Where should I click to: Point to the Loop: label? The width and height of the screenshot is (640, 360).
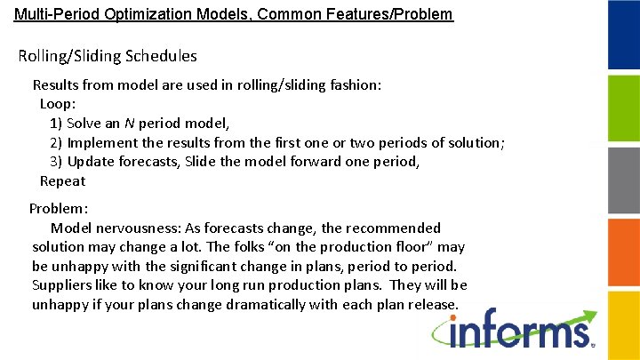58,104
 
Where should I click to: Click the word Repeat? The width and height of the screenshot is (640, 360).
62,181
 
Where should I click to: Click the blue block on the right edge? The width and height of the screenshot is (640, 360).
623,36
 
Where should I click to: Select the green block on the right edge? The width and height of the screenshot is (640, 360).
623,108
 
